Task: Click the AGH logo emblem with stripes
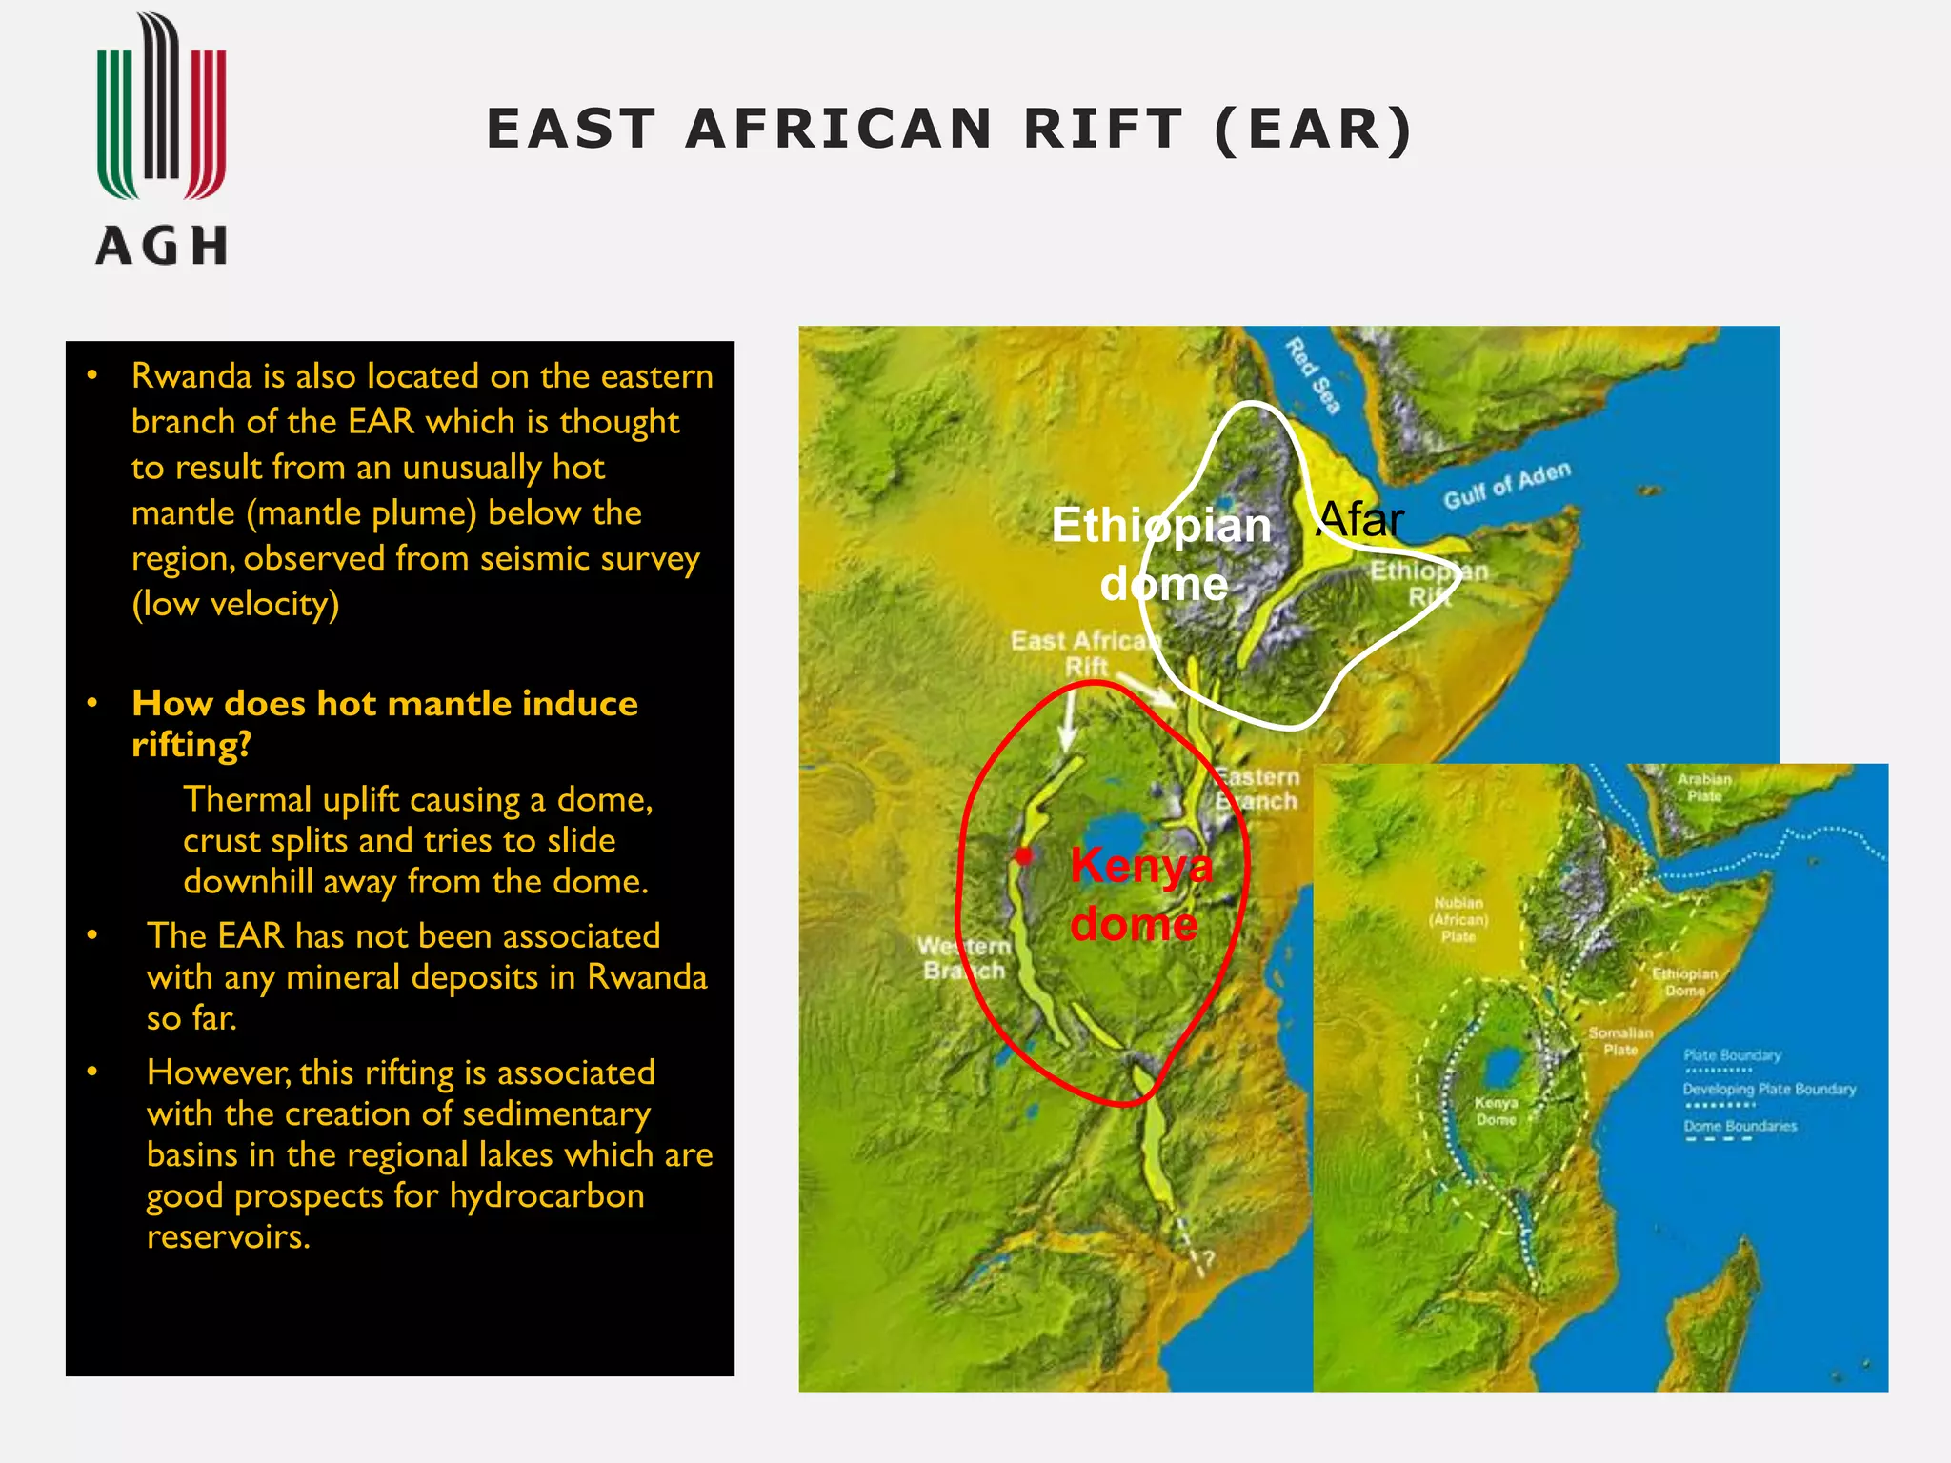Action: pos(161,107)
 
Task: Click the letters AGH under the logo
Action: pos(161,246)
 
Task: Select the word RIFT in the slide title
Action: pos(1102,129)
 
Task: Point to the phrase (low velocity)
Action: pos(235,604)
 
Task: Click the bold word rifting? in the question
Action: pos(191,745)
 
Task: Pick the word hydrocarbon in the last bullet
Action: pos(547,1195)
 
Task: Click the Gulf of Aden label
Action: pos(1506,486)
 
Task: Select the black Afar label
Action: pos(1359,520)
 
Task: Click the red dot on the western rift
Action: pos(1024,855)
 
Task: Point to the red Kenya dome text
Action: pos(1139,894)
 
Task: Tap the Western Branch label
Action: pos(963,958)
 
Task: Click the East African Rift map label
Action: pos(1086,652)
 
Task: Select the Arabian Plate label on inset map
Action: pos(1704,787)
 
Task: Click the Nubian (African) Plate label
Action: pos(1458,919)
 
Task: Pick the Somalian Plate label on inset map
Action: pos(1620,1041)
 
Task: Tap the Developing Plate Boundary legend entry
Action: pos(1769,1090)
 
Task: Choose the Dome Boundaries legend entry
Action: pos(1740,1127)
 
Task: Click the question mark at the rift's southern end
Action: pos(1207,1260)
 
